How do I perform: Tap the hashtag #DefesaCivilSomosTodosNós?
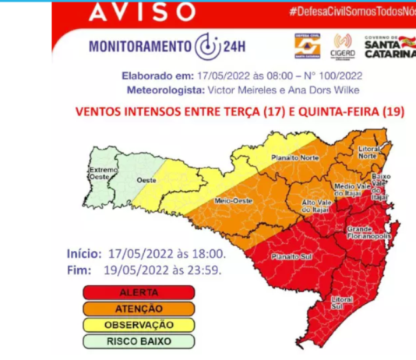pyautogui.click(x=349, y=12)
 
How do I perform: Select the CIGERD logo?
pyautogui.click(x=343, y=46)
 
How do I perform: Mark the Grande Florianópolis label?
pyautogui.click(x=368, y=233)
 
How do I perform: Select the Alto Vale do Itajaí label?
pyautogui.click(x=320, y=205)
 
